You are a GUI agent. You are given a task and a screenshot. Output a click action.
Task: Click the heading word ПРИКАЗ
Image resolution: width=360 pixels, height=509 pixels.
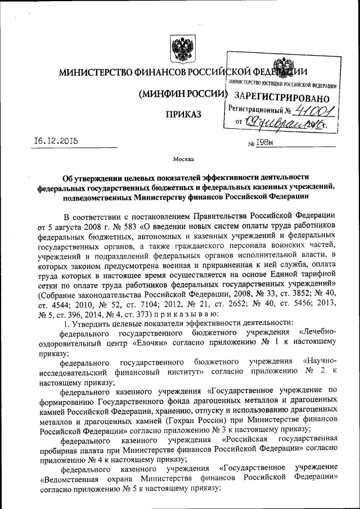[182, 115]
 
